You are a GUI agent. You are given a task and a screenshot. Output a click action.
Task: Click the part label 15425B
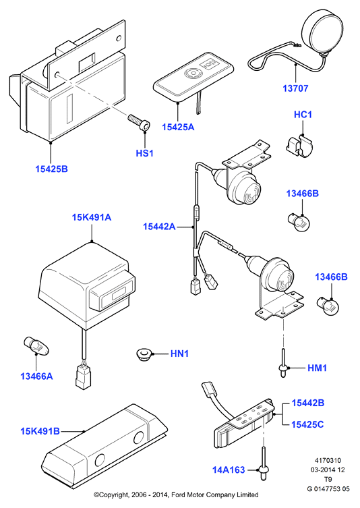[x=51, y=169]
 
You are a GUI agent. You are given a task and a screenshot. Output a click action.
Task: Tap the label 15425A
[x=178, y=127]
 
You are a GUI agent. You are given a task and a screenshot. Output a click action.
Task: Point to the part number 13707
[x=295, y=88]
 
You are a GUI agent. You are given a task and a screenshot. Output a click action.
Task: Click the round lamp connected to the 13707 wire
[x=322, y=32]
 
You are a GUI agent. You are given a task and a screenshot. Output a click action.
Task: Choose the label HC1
[x=303, y=115]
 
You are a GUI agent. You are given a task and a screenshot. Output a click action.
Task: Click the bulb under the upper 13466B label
[x=299, y=222]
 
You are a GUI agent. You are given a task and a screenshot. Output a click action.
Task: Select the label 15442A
[x=159, y=227]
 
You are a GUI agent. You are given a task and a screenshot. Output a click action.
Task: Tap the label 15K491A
[x=91, y=217]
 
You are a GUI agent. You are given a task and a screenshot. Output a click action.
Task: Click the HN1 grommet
[x=143, y=354]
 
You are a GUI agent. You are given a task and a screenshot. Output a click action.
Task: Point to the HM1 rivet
[x=283, y=364]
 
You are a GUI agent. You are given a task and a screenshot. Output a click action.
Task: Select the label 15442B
[x=308, y=403]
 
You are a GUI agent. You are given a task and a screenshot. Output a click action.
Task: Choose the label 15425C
[x=307, y=424]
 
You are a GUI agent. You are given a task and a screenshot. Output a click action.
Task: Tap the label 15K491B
[x=40, y=431]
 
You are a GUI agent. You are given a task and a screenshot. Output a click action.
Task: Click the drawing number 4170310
[x=328, y=460]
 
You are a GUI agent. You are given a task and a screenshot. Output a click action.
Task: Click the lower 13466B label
[x=331, y=277]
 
